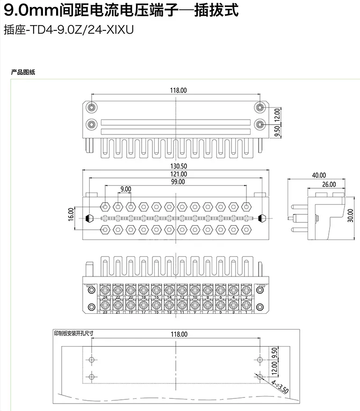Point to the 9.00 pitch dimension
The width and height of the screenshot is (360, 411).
point(125,189)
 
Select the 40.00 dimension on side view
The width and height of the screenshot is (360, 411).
point(318,175)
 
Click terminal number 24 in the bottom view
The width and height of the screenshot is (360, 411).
point(105,298)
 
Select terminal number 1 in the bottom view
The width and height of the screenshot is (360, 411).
point(246,312)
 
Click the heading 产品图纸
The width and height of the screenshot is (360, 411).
point(23,72)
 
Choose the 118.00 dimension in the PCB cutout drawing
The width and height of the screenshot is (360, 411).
point(178,334)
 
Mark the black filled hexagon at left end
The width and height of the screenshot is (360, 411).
point(90,218)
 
